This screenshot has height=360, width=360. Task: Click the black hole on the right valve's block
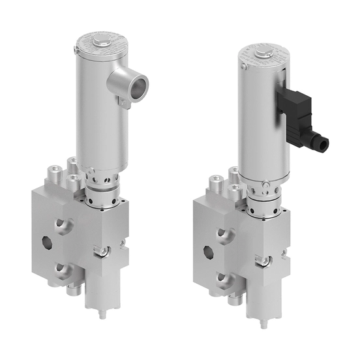tap(210, 251)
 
